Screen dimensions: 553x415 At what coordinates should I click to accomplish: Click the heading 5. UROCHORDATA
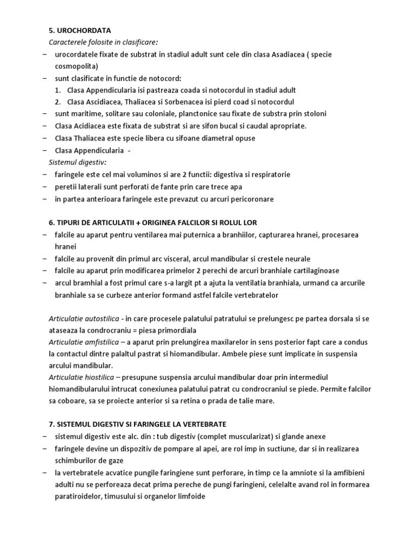click(80, 30)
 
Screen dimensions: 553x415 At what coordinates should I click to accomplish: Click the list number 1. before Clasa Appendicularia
click(58, 90)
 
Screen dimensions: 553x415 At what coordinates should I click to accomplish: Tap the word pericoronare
click(248, 199)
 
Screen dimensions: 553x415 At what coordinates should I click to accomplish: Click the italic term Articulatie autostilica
click(84, 319)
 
